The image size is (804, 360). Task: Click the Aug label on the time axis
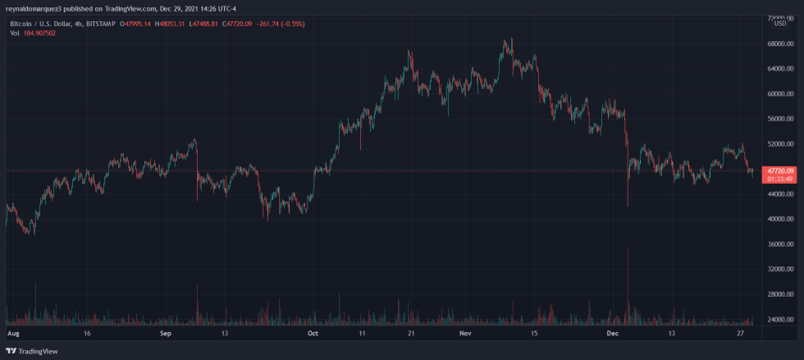[x=11, y=335]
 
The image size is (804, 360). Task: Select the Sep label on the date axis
[x=165, y=335]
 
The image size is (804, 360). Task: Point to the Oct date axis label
[x=313, y=335]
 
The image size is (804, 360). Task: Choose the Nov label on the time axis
[x=465, y=335]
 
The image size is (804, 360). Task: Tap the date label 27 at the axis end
[x=741, y=335]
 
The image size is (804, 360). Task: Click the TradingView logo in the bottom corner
[x=33, y=351]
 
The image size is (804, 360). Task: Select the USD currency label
[x=779, y=24]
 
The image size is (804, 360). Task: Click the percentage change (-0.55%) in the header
[x=289, y=24]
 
